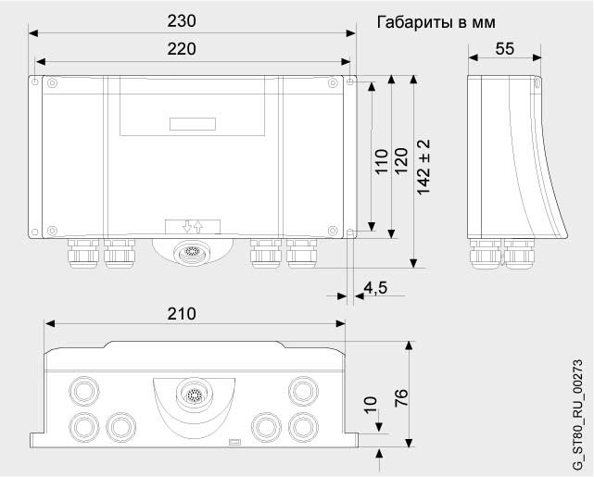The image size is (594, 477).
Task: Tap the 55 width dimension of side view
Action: [505, 49]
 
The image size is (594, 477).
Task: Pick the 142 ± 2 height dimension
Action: [424, 168]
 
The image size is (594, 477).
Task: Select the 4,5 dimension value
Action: [375, 288]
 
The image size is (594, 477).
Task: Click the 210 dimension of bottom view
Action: [182, 314]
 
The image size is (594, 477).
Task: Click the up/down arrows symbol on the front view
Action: [193, 225]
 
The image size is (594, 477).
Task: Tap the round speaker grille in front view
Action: [193, 251]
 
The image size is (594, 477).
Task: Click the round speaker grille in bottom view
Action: [193, 393]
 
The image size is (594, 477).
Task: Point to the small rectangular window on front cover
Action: [191, 124]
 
